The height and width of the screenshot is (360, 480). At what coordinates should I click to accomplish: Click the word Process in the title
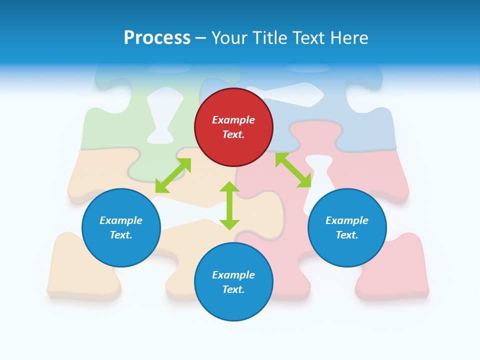[x=157, y=38]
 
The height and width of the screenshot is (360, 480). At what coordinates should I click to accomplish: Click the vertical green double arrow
[x=229, y=205]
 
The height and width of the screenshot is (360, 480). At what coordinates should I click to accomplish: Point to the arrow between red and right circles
[x=293, y=170]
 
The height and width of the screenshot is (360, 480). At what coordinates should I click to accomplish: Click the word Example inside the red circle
[x=233, y=120]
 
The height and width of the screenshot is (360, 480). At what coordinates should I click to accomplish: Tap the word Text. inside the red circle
[x=233, y=134]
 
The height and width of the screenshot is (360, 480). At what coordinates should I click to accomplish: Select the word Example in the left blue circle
[x=121, y=220]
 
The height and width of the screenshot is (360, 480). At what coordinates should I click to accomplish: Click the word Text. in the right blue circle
[x=347, y=235]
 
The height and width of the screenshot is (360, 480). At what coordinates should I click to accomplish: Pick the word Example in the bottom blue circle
[x=233, y=275]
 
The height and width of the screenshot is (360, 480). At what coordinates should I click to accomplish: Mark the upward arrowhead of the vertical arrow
[x=229, y=187]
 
